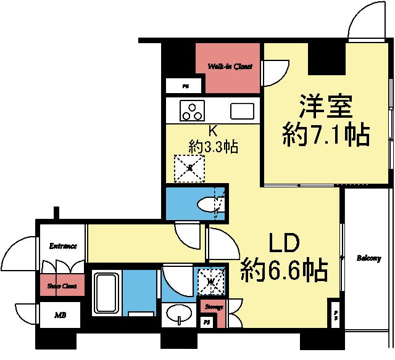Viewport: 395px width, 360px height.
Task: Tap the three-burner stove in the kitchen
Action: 192,112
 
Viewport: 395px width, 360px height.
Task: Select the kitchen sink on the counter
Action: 243,112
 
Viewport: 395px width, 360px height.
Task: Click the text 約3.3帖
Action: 214,147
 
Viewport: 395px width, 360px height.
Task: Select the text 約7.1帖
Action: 326,134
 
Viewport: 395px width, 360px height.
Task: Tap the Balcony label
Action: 368,258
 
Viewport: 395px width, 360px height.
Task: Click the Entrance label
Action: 62,246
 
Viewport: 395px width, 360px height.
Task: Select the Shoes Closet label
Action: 62,286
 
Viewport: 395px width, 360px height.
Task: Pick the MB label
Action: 60,315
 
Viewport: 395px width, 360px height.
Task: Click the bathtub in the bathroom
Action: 106,293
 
